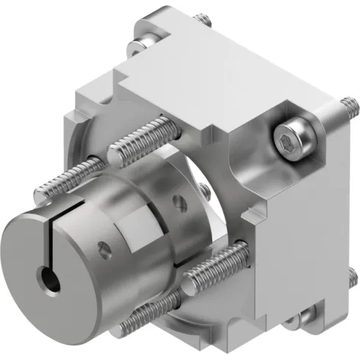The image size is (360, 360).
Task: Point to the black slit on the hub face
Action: click(46, 246)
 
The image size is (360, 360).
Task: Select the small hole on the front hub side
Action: click(105, 253)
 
